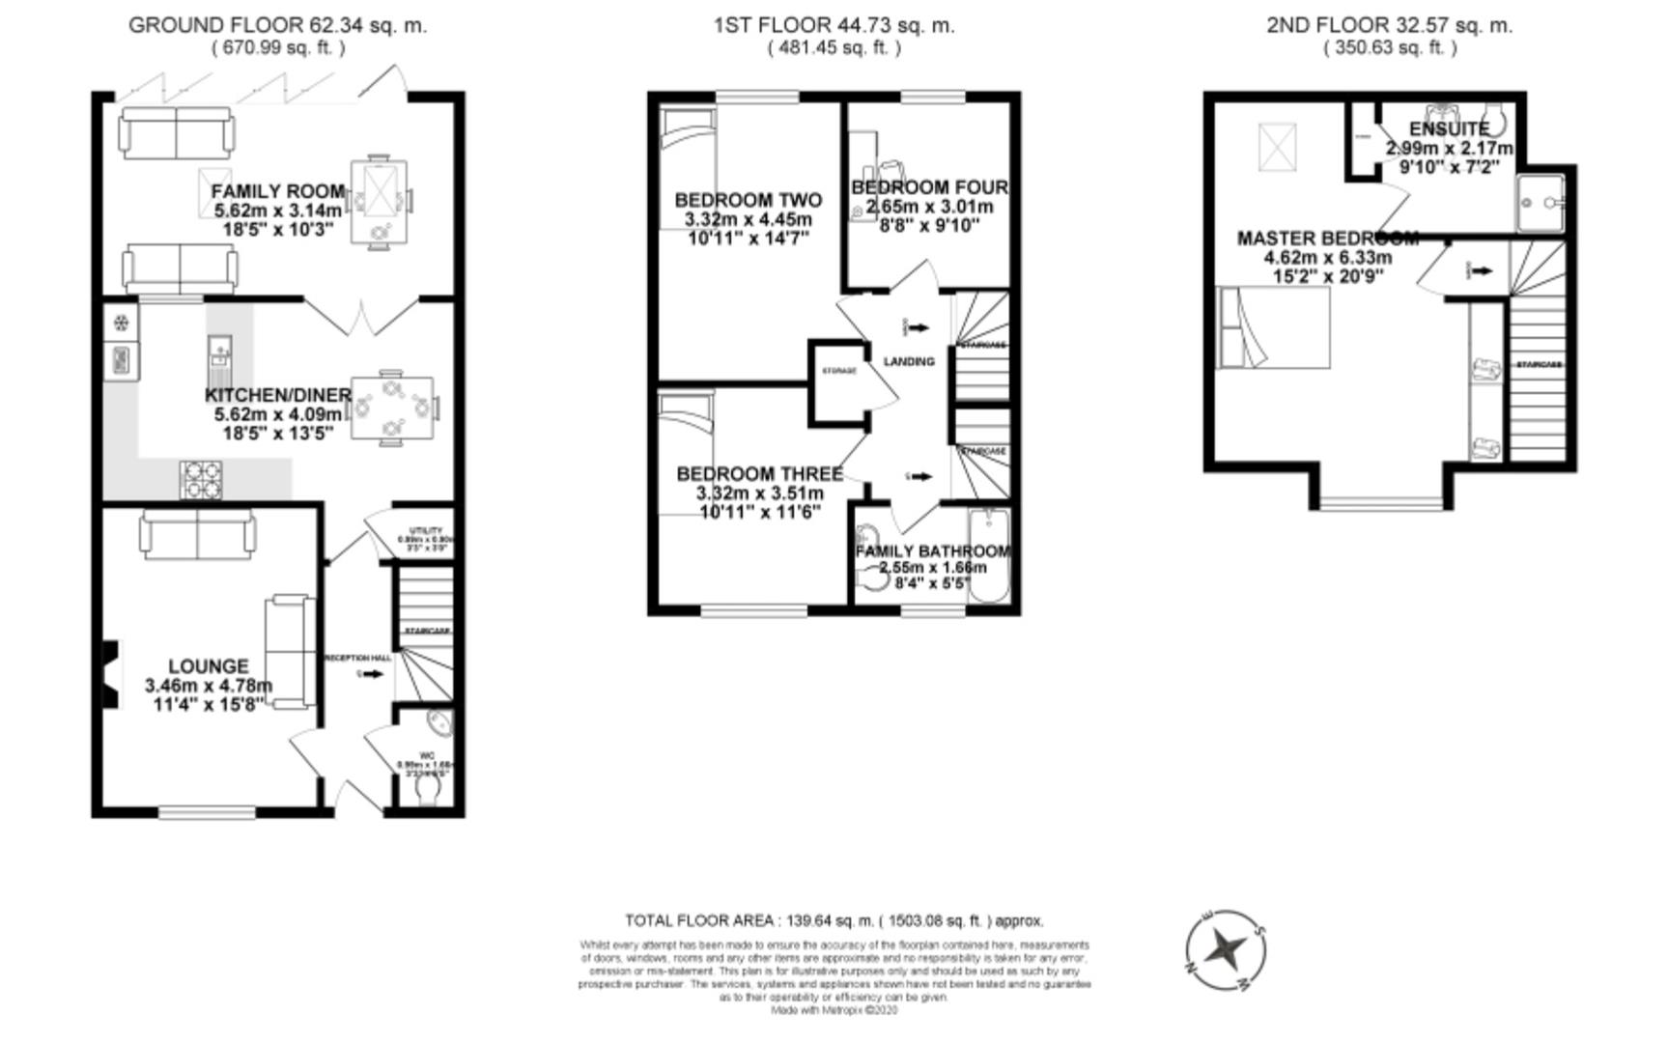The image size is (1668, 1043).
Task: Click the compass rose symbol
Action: [1226, 950]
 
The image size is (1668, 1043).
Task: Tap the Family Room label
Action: [277, 191]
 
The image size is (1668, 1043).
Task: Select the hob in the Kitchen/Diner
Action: [201, 479]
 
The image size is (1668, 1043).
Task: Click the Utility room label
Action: [426, 531]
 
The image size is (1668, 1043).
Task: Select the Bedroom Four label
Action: [929, 187]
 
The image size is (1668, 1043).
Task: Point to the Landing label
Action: [909, 361]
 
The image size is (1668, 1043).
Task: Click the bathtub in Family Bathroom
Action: [988, 555]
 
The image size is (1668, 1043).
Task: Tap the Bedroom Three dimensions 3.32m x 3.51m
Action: [759, 493]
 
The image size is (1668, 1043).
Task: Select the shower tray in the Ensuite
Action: [1540, 203]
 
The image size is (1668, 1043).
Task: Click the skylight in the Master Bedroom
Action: [1277, 148]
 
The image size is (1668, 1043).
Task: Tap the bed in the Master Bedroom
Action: [1273, 327]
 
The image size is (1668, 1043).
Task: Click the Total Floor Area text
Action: [834, 920]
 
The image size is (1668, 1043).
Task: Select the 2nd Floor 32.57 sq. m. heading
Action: [1389, 26]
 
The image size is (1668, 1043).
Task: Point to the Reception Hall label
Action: [357, 658]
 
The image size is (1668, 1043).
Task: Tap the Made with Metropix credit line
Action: [834, 1010]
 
